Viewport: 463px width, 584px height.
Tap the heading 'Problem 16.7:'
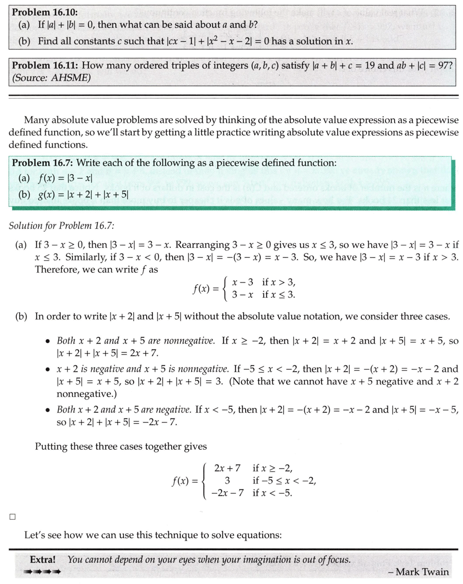click(41, 163)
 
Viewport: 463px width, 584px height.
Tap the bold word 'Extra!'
click(42, 560)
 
